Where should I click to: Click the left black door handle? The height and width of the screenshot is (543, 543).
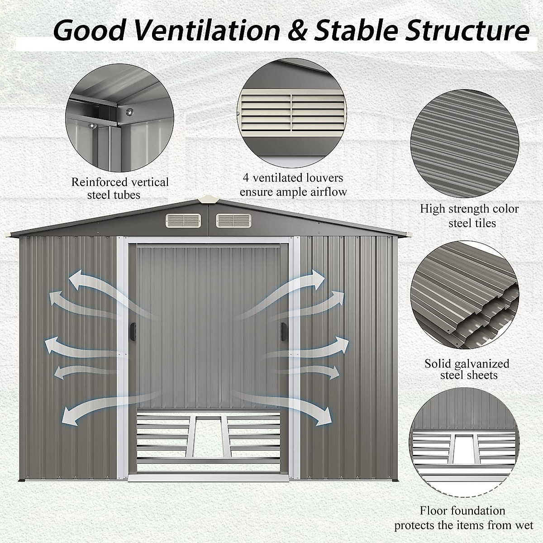[x=133, y=331]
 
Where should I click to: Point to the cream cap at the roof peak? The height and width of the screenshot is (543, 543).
[x=207, y=200]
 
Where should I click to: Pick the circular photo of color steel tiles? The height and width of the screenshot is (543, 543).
[x=465, y=141]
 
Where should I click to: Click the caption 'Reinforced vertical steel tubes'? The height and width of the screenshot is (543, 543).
[x=120, y=189]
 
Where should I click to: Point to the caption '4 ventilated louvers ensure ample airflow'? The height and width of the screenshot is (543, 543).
[x=293, y=185]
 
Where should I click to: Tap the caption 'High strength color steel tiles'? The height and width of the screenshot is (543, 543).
[x=469, y=216]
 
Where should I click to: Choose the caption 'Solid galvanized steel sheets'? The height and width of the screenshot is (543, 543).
[x=467, y=369]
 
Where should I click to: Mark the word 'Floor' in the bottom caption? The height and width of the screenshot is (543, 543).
[x=436, y=511]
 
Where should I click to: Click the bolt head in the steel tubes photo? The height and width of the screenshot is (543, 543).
[x=129, y=110]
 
